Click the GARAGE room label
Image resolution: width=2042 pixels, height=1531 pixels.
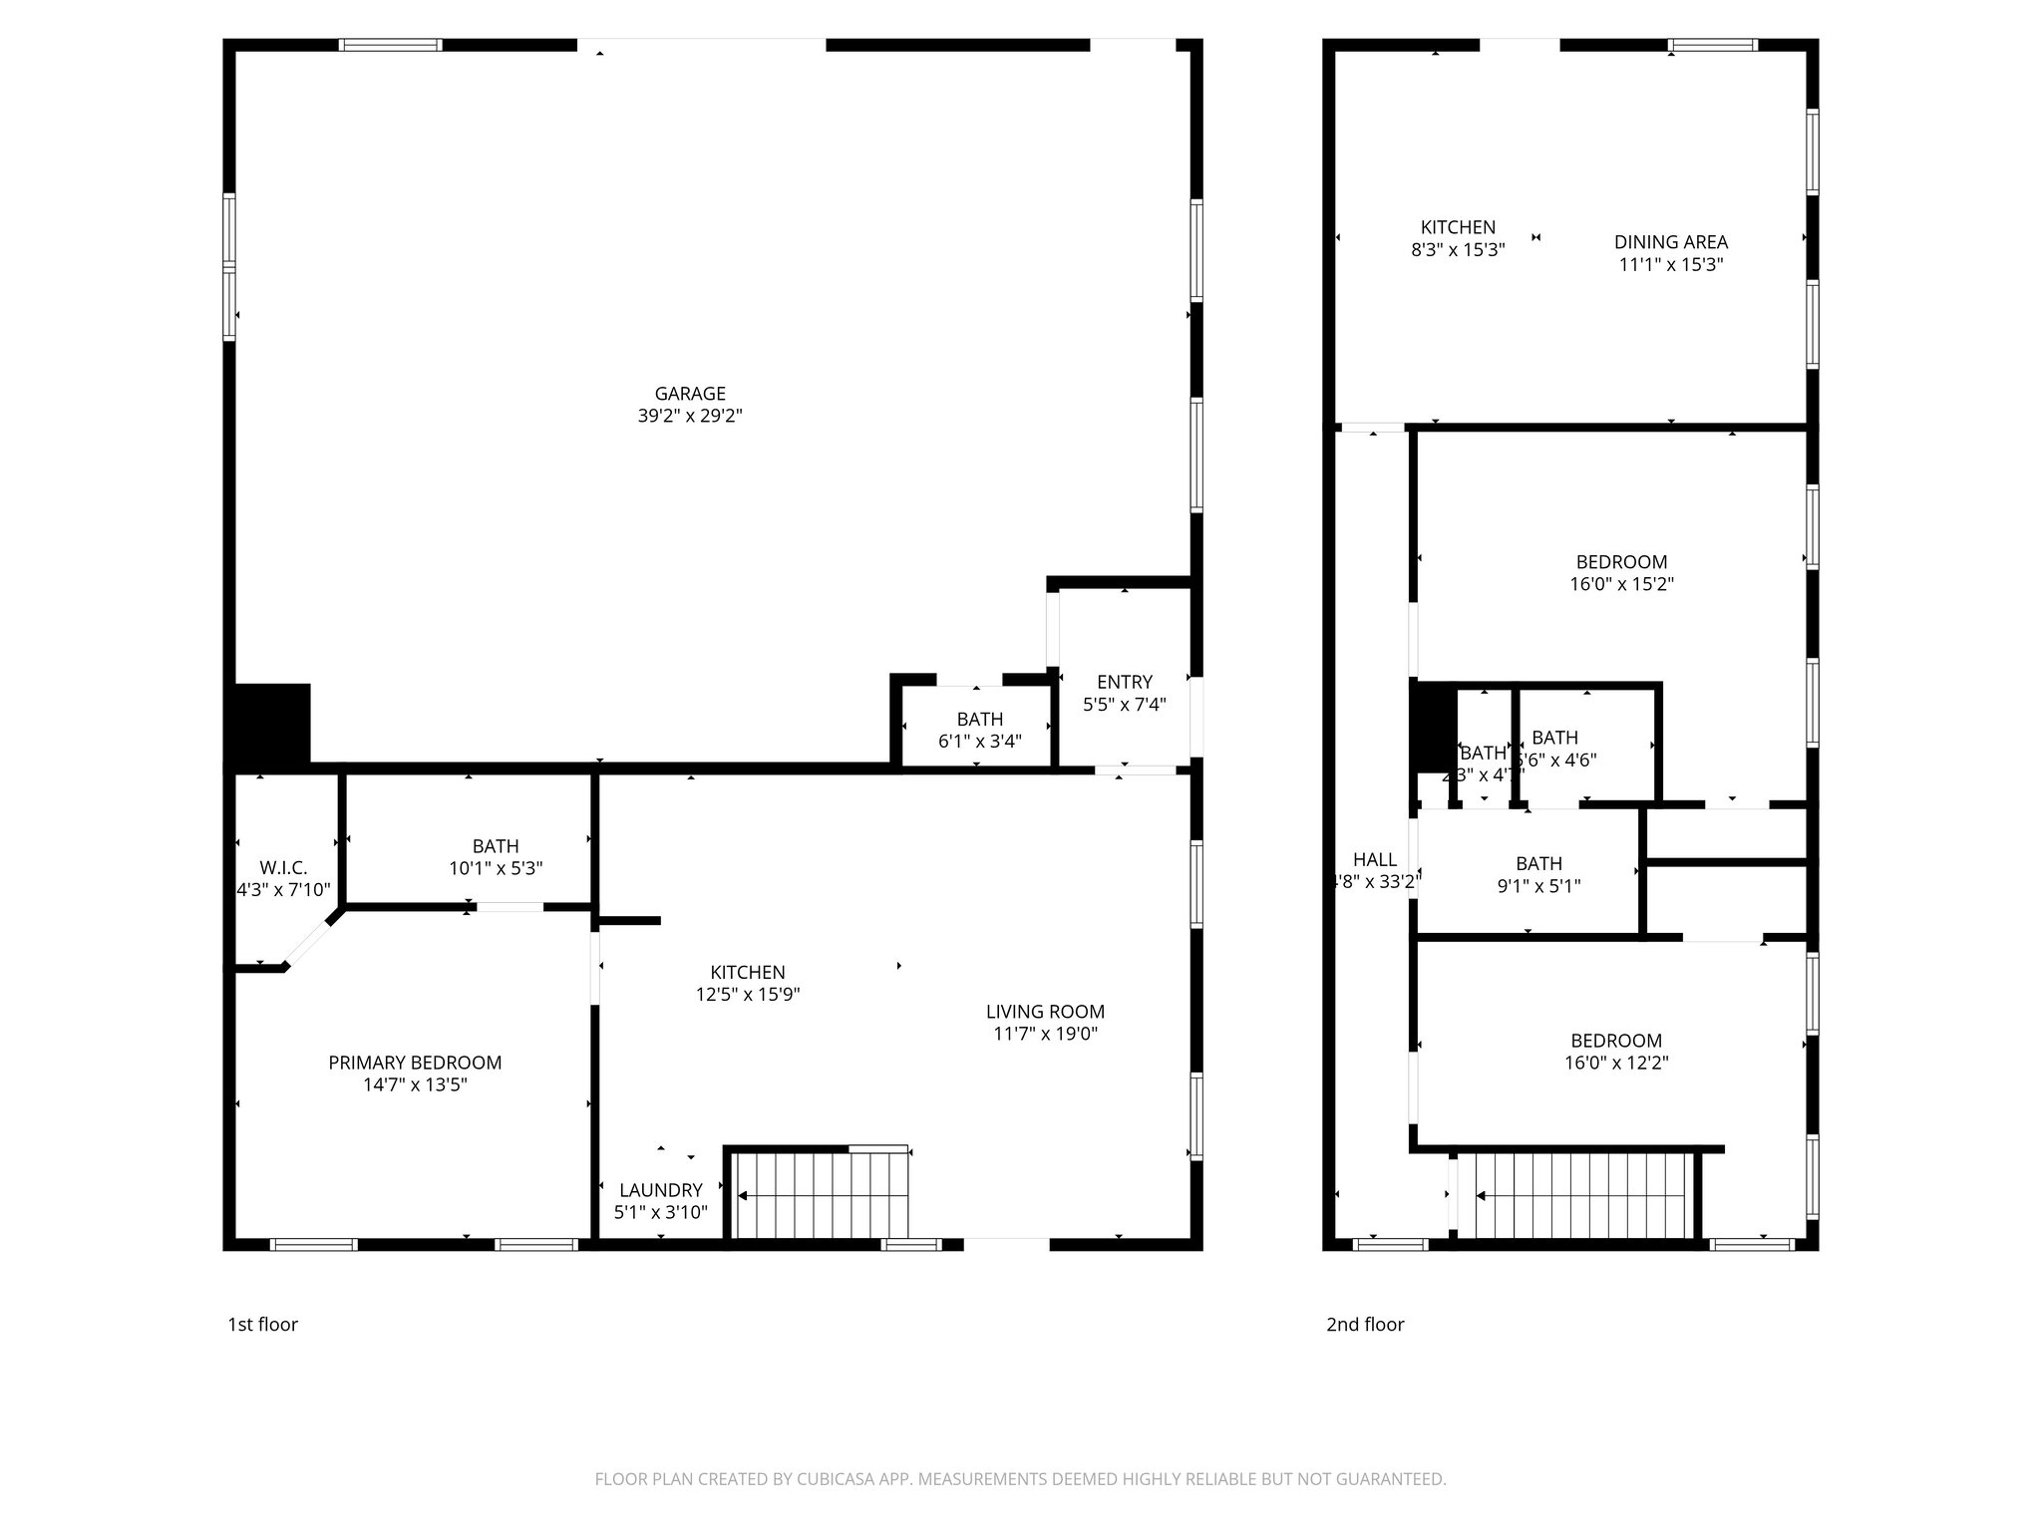[689, 394]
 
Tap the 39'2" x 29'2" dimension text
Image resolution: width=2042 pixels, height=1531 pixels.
[689, 417]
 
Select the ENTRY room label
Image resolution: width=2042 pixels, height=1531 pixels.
[1124, 682]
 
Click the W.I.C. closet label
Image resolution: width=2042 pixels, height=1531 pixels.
[283, 867]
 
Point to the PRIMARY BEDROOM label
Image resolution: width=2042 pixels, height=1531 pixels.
[415, 1063]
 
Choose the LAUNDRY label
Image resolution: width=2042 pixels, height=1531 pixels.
[660, 1190]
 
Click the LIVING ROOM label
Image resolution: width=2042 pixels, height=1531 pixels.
[1045, 1012]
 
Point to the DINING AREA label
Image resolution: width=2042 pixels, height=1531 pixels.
[1670, 242]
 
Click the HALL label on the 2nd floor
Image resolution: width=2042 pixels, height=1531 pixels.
[1374, 859]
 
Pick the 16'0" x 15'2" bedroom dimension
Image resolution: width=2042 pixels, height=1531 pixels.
[1621, 585]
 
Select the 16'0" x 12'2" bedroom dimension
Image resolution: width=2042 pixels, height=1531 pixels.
[1615, 1064]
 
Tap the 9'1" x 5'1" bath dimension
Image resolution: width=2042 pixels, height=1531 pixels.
[1538, 886]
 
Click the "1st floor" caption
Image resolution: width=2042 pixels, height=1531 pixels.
[262, 1324]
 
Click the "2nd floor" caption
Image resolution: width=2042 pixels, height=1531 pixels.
[1364, 1324]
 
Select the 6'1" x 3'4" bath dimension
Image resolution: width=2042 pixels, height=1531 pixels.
[979, 742]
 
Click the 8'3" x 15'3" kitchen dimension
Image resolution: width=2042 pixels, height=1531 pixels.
[1457, 250]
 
